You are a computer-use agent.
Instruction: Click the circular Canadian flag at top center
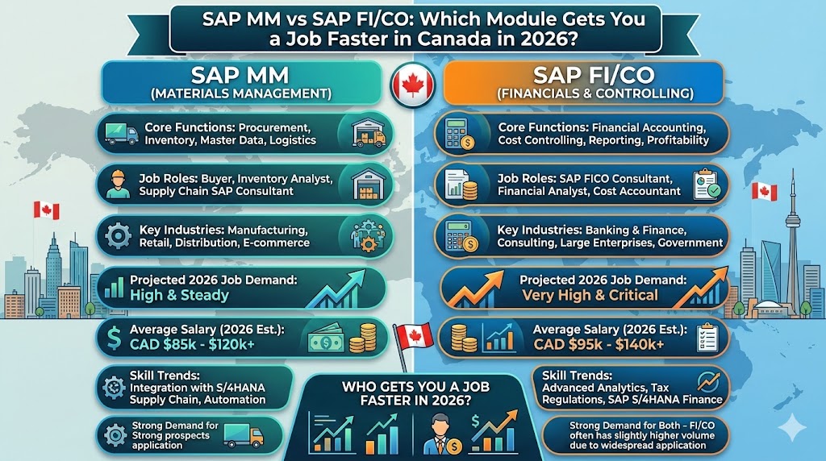(413, 85)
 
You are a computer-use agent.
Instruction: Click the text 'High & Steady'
(179, 295)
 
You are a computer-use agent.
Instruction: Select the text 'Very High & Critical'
(590, 295)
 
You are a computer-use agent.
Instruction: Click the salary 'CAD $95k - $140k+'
(599, 344)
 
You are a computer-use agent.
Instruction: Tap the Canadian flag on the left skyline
(47, 210)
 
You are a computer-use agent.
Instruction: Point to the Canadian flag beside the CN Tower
(762, 192)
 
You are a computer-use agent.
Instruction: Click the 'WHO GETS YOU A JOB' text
(412, 386)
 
